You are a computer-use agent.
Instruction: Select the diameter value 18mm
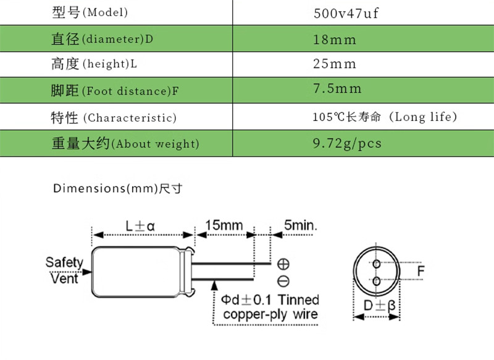(335, 39)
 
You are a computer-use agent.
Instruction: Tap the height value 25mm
(335, 64)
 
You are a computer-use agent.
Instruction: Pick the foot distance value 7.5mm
(337, 89)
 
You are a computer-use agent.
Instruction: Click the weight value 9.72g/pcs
(347, 143)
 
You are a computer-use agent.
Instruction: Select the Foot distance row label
(114, 91)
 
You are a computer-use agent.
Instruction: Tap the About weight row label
(125, 144)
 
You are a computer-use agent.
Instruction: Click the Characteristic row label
(113, 117)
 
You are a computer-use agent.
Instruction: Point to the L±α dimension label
(140, 225)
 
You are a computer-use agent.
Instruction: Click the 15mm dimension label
(224, 225)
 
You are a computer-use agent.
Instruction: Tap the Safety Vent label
(64, 270)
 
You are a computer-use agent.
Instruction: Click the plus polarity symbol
(283, 264)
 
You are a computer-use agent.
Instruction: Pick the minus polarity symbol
(283, 282)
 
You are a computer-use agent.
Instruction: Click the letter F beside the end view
(421, 271)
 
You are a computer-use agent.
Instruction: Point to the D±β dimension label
(379, 306)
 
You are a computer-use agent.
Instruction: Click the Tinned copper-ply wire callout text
(270, 307)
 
